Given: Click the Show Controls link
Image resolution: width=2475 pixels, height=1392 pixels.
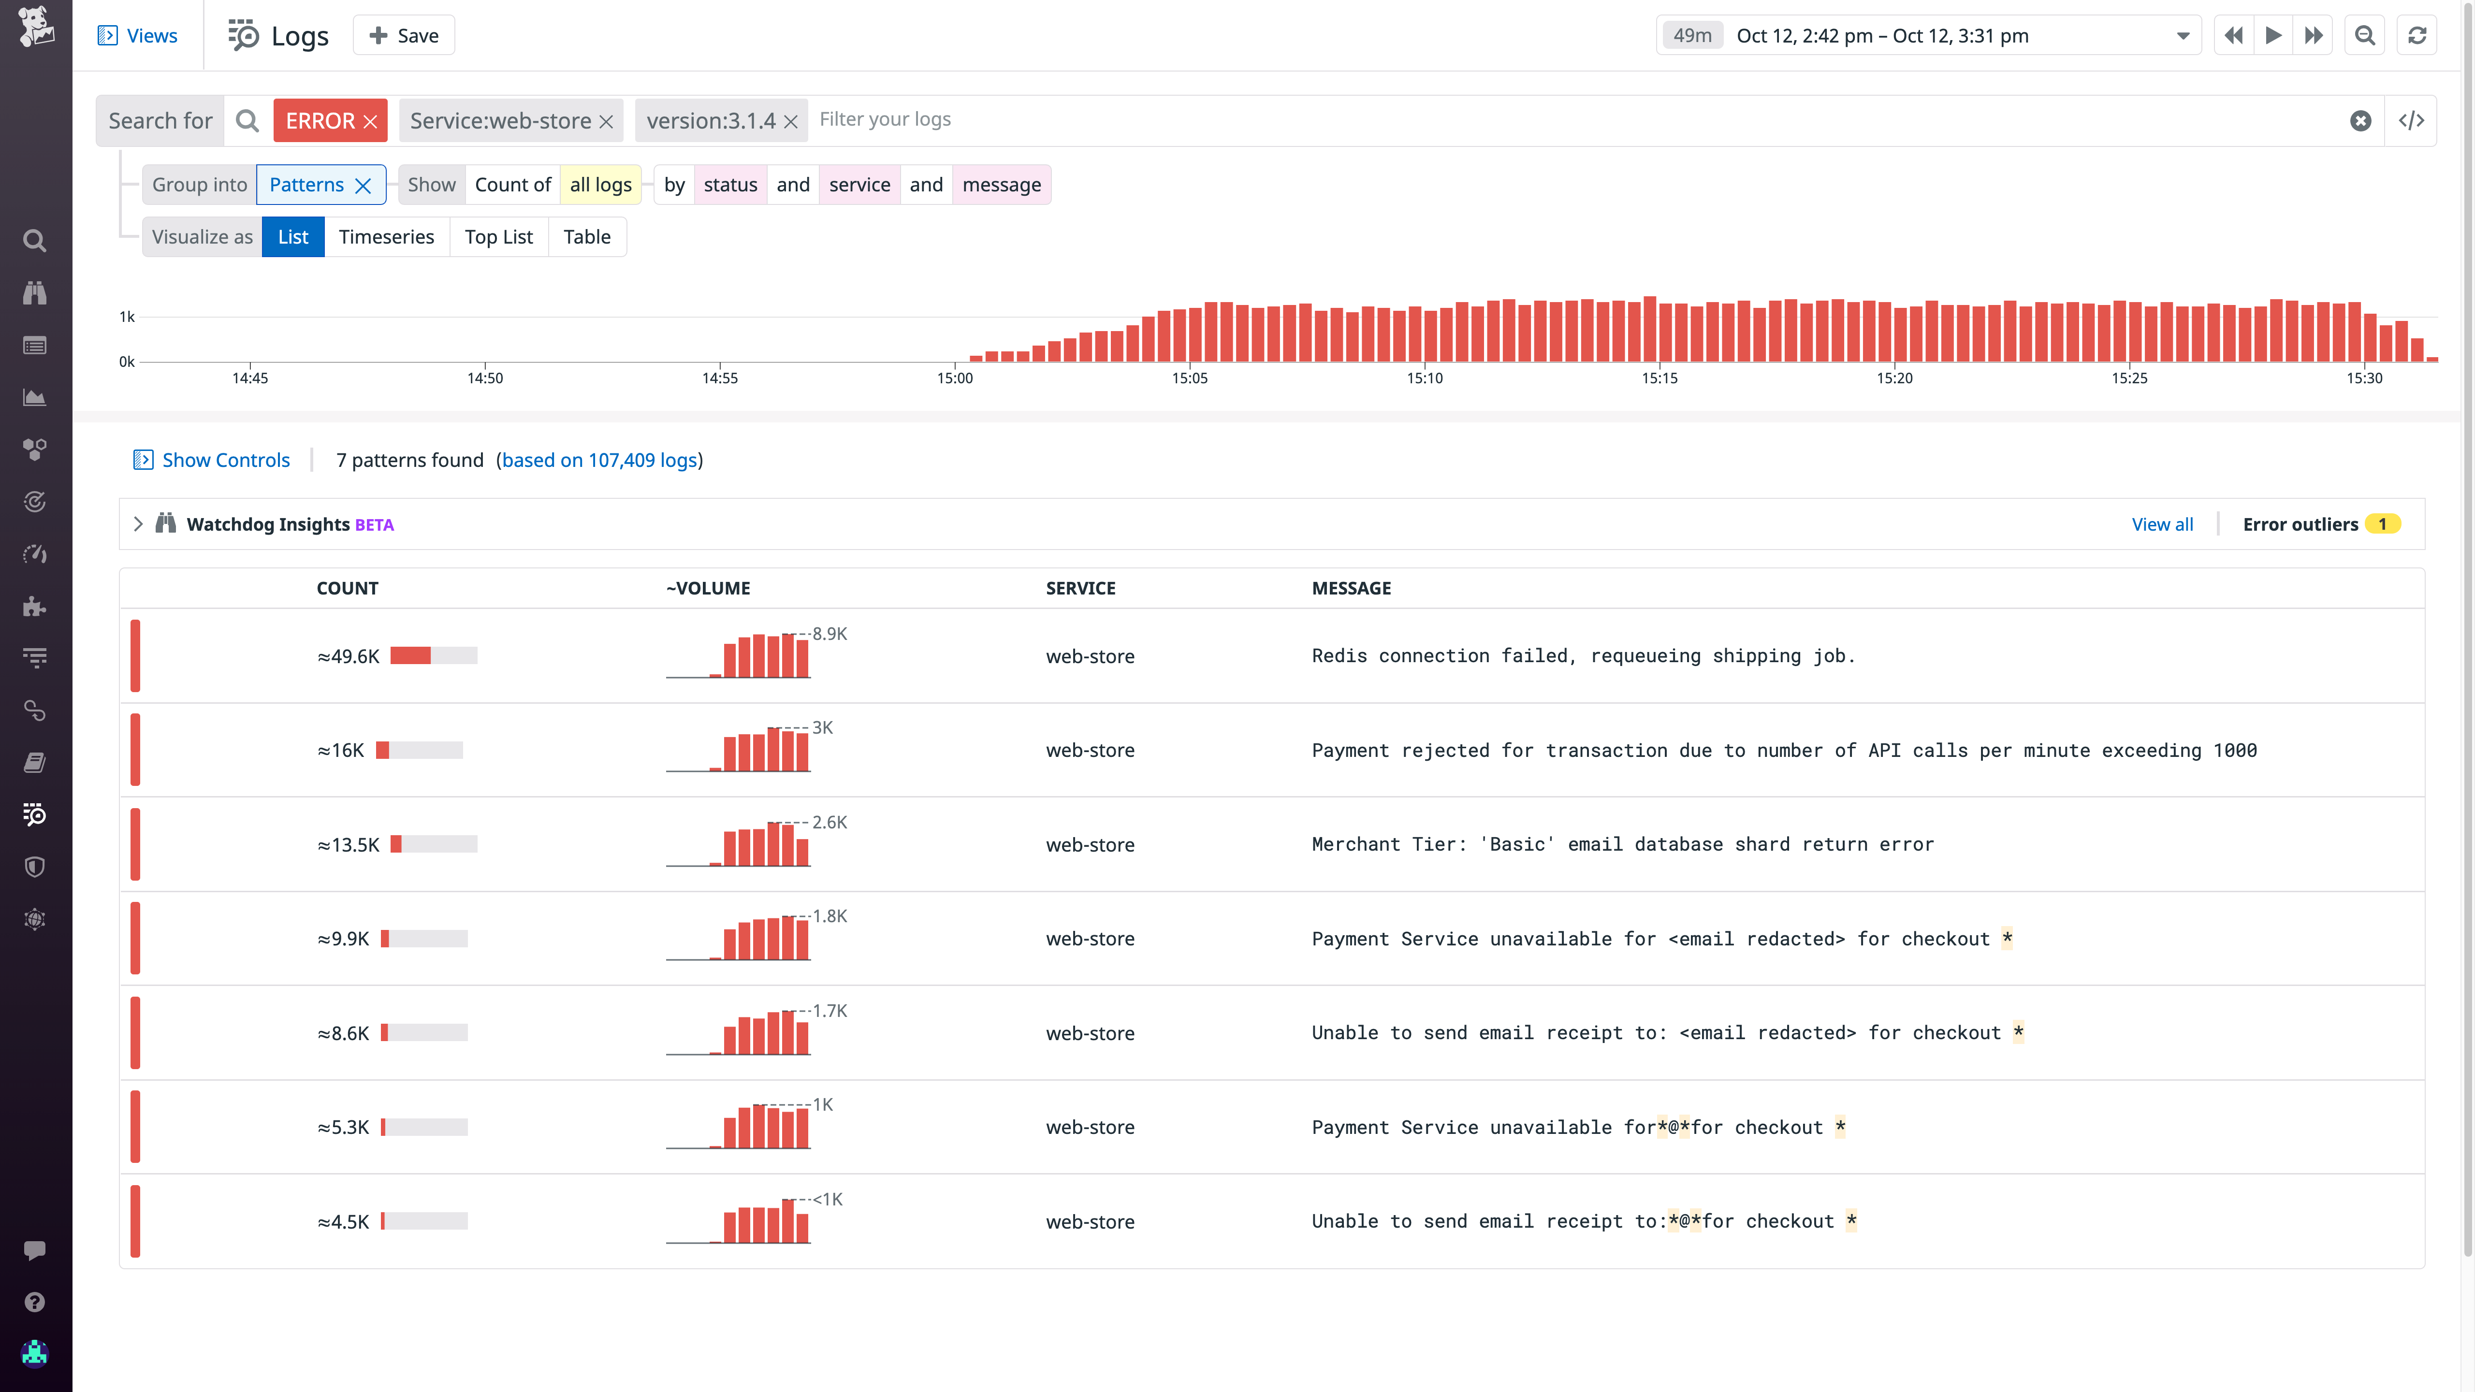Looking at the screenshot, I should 225,460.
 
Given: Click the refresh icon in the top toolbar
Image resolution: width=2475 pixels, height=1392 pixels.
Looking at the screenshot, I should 2417,36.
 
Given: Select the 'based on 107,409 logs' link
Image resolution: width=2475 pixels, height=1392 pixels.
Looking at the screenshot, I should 599,460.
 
